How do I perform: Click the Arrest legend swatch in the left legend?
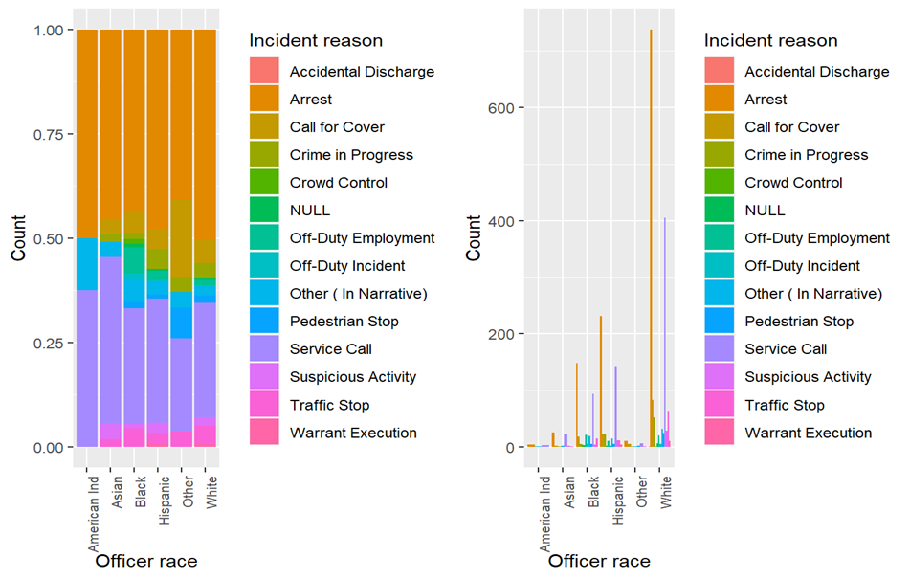[264, 100]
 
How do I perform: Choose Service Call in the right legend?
[786, 349]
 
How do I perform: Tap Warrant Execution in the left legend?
[353, 433]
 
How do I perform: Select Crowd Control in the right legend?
[793, 183]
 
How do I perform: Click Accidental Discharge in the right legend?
[816, 72]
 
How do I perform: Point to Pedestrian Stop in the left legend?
[344, 322]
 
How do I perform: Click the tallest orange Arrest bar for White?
[651, 239]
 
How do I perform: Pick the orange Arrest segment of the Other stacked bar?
[183, 115]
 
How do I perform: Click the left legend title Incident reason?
[315, 41]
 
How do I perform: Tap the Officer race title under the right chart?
[599, 562]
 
